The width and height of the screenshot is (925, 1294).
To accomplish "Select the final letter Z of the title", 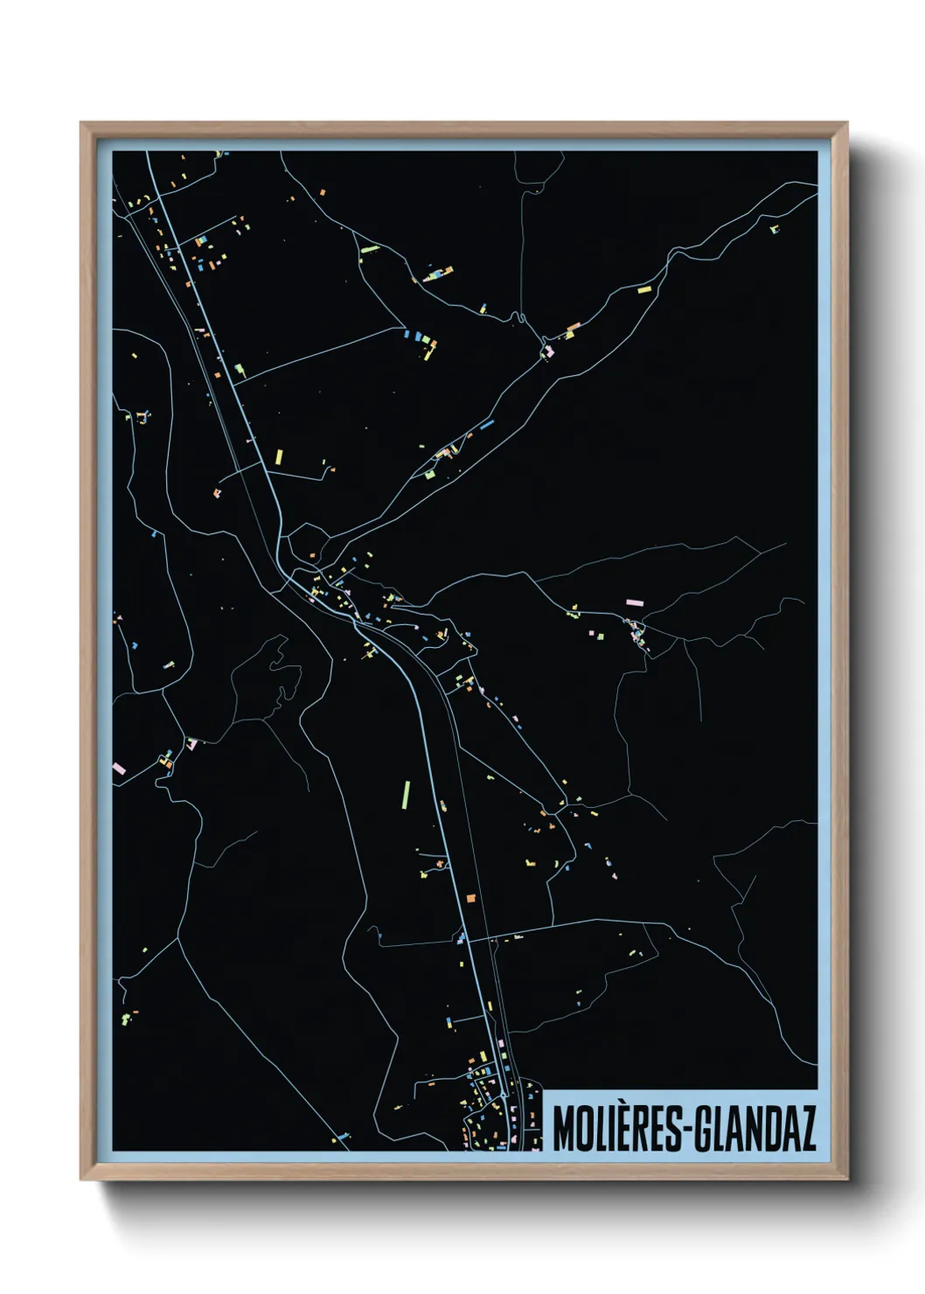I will coord(808,1129).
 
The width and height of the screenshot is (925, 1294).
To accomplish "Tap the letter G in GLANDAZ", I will coord(706,1129).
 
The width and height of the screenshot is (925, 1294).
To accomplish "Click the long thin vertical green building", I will coord(406,795).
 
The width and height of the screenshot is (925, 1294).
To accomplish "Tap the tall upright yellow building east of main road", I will coord(279,456).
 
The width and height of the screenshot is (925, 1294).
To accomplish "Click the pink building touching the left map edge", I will coord(119,769).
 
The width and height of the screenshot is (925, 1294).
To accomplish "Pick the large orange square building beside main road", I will coord(470,897).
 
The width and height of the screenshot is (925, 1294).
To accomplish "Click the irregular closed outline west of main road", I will coord(277,669).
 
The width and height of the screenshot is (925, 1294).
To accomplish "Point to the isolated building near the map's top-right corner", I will coord(775,230).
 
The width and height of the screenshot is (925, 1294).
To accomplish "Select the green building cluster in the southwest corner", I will coord(127,1017).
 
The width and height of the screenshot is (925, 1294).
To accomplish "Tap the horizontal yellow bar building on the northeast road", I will coord(643,288).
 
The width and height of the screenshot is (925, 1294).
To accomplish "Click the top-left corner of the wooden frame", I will coord(81,123).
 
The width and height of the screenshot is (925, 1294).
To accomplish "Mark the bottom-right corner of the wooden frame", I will coord(846,1179).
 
